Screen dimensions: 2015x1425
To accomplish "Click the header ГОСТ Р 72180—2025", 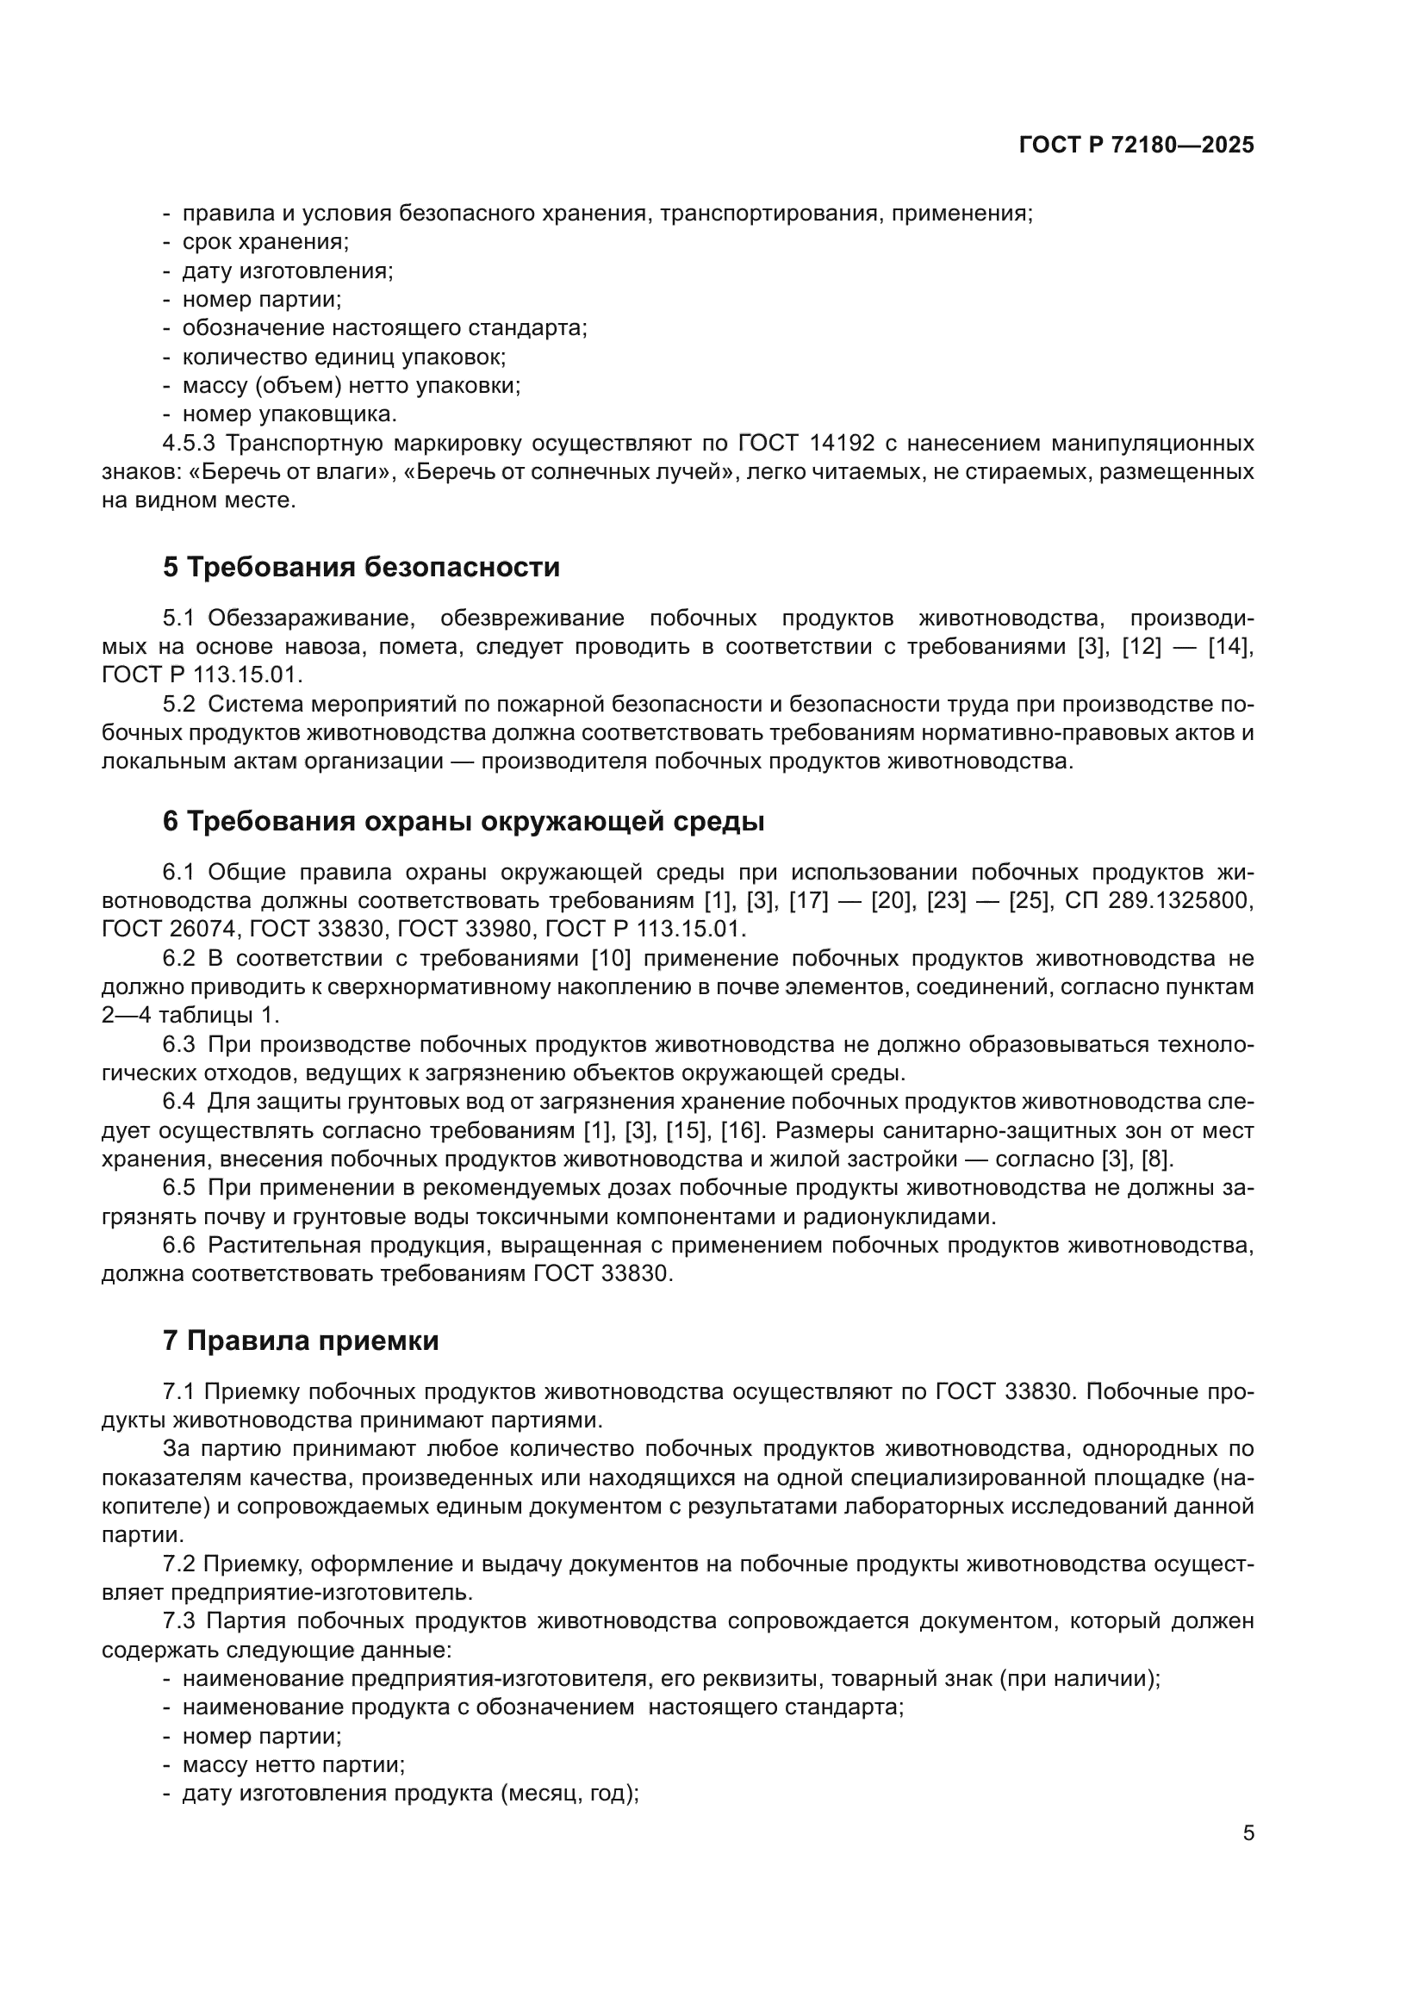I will point(1136,146).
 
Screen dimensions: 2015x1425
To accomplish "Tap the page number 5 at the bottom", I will point(1248,1833).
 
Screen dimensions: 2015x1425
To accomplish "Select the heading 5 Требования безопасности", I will point(361,568).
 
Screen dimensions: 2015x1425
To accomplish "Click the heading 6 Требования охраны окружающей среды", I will point(464,822).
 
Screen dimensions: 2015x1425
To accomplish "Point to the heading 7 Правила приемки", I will point(300,1341).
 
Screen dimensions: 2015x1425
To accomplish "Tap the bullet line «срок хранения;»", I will point(265,241).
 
